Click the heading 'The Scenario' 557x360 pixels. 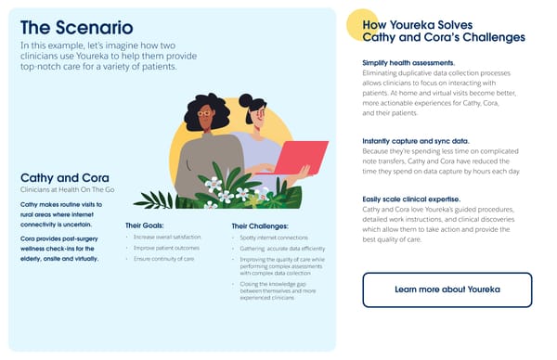tap(76, 27)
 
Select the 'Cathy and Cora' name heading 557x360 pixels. tap(58, 177)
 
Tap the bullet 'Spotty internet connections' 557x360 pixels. tap(266, 238)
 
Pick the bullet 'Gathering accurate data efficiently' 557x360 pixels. tap(276, 249)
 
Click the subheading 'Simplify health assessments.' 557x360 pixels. tap(409, 62)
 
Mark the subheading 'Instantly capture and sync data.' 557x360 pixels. tap(415, 140)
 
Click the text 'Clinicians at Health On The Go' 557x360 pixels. tap(61, 190)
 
